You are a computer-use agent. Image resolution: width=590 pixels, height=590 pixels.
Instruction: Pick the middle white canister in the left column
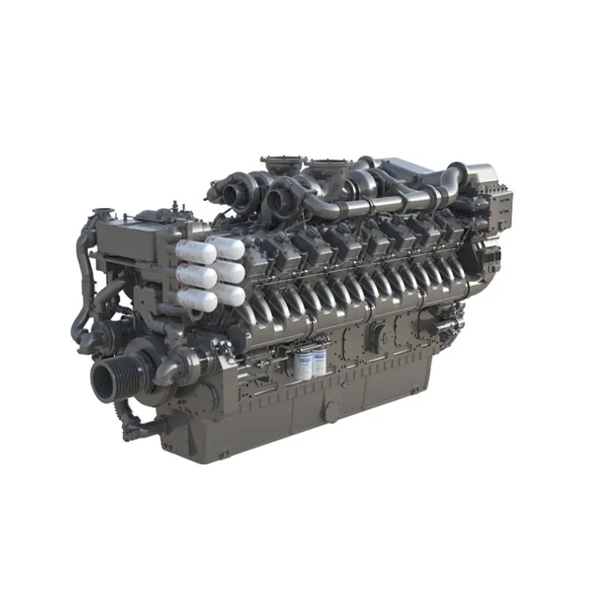[x=195, y=276]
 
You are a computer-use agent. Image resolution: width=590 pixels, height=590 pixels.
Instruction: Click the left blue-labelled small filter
[x=303, y=364]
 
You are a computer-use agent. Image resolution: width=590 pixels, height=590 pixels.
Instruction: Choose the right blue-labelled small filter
[x=318, y=364]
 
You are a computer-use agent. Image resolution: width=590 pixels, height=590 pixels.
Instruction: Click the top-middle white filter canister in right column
[x=229, y=271]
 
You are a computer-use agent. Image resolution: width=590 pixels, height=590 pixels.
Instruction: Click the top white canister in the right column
[x=226, y=246]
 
